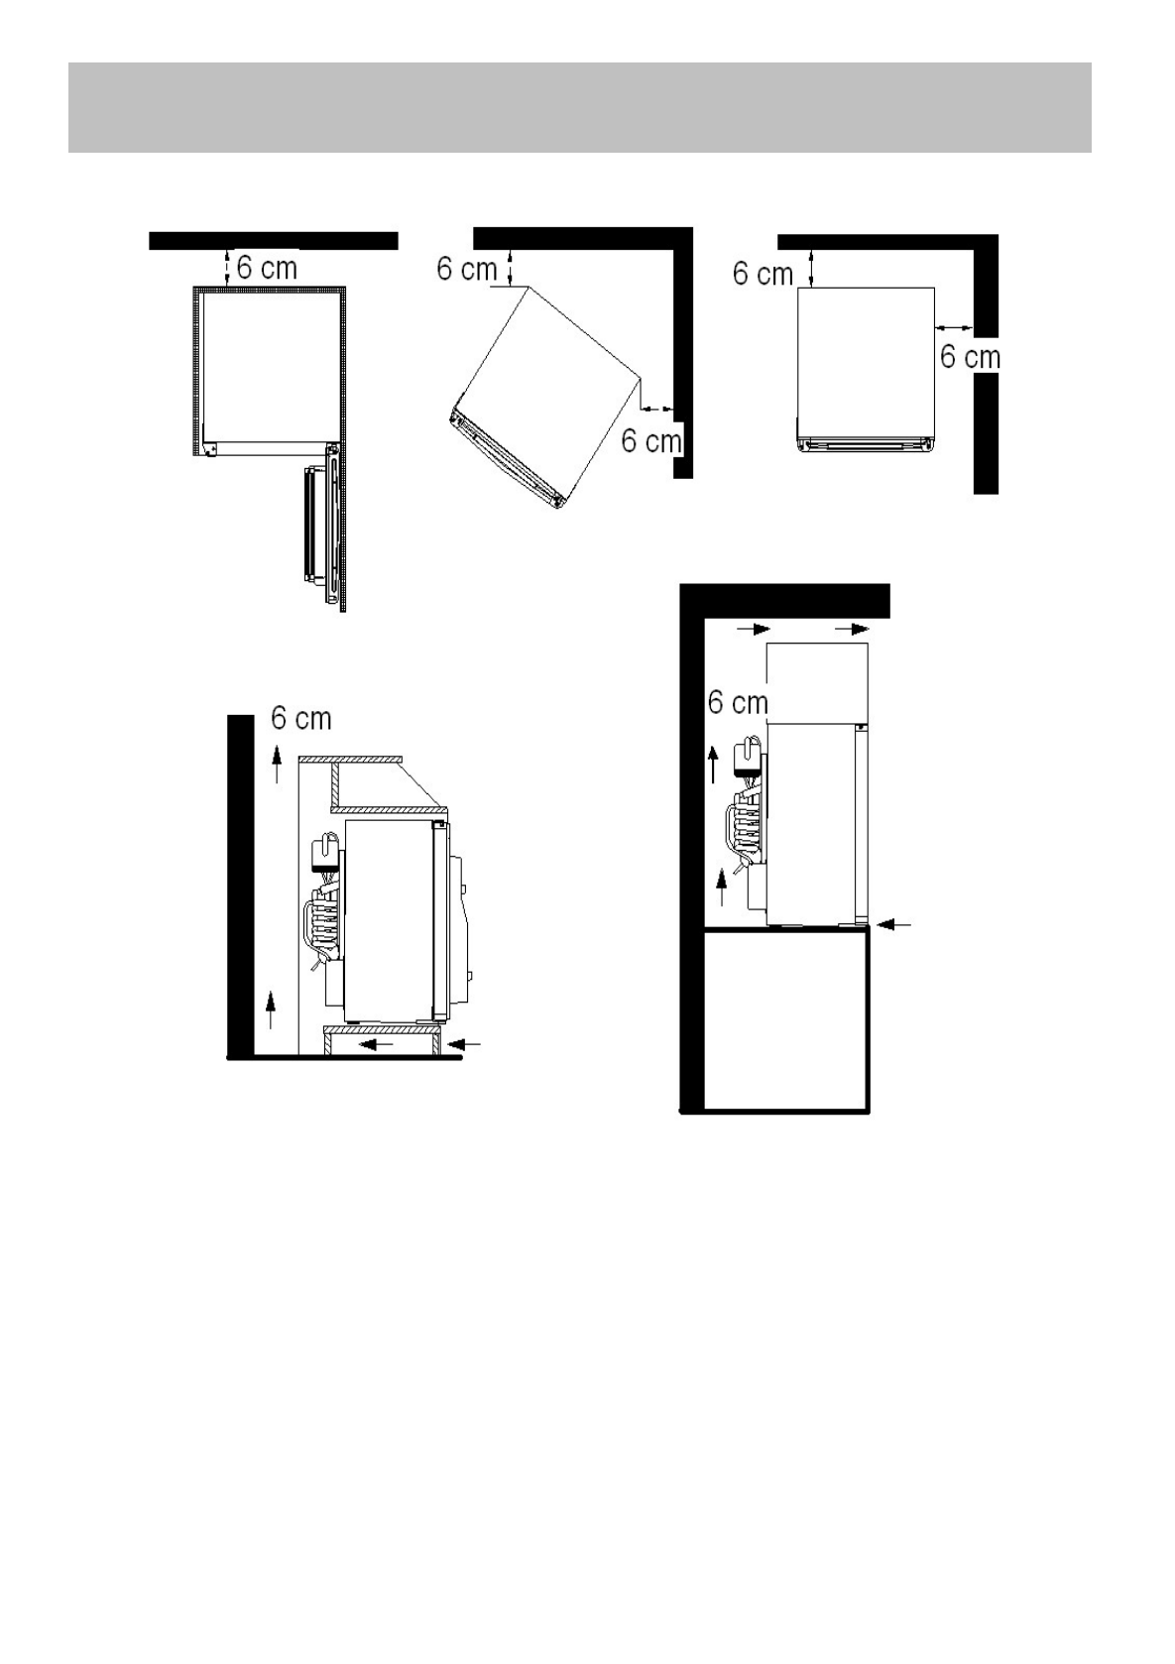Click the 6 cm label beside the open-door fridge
[267, 268]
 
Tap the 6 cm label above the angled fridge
[466, 268]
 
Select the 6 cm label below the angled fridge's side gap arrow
[651, 440]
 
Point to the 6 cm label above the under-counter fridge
[300, 718]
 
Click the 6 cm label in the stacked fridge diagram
[738, 701]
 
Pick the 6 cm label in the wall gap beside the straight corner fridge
[970, 357]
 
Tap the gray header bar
[579, 108]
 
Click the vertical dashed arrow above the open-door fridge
[226, 268]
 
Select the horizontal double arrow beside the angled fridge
[658, 408]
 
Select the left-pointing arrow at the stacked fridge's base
[893, 924]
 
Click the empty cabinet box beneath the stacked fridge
[785, 1020]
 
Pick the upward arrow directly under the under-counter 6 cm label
[277, 764]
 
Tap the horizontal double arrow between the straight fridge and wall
[954, 326]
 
